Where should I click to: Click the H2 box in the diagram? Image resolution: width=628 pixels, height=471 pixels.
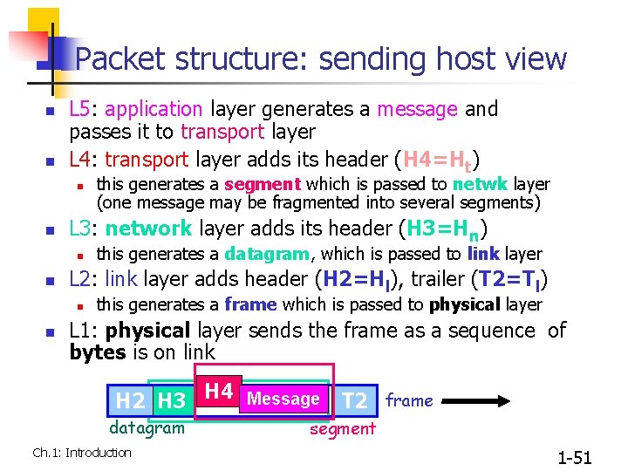coord(131,401)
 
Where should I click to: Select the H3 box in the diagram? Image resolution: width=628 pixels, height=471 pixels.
coord(171,401)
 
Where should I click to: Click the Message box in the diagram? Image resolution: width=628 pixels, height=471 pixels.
coord(283,399)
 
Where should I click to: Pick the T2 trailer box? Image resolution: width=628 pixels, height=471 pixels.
coord(355,401)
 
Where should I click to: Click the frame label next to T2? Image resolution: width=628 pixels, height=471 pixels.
coord(409,400)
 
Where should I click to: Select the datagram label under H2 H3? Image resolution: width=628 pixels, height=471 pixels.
coord(147,427)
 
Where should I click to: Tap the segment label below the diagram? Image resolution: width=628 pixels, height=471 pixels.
coord(343,428)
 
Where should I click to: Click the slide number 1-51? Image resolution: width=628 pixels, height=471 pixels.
coord(574,457)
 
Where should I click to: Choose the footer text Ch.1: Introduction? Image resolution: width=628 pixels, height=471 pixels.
coord(81,452)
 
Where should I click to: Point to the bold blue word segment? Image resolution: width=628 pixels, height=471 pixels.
coord(263,184)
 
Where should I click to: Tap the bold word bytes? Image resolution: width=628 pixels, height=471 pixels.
coord(98,352)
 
